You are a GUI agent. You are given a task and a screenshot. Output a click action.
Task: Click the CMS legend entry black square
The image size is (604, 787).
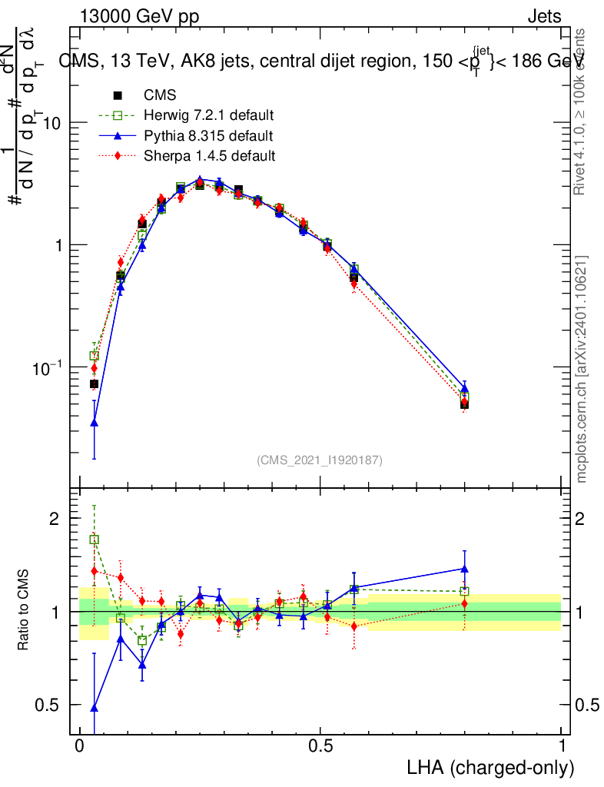pyautogui.click(x=118, y=96)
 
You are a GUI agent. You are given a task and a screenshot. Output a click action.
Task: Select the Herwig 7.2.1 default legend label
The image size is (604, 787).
pyautogui.click(x=209, y=116)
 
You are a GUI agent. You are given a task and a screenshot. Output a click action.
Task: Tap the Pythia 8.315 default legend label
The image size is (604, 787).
pyautogui.click(x=208, y=136)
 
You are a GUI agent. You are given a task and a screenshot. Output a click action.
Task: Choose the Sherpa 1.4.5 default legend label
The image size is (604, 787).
pyautogui.click(x=210, y=156)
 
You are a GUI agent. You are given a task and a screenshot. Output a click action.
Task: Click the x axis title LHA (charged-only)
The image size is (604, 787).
pyautogui.click(x=490, y=768)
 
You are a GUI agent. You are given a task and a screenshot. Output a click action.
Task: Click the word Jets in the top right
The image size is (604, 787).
pyautogui.click(x=544, y=17)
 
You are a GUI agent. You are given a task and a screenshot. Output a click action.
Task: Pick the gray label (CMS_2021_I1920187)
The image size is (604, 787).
pyautogui.click(x=320, y=460)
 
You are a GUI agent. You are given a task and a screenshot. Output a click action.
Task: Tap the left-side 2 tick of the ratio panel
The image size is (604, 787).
pyautogui.click(x=54, y=519)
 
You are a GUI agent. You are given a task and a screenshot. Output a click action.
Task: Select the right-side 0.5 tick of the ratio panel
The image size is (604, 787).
pyautogui.click(x=586, y=705)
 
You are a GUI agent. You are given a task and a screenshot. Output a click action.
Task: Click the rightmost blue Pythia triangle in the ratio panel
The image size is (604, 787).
pyautogui.click(x=464, y=569)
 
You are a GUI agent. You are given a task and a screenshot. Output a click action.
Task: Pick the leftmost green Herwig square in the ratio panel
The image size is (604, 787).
pyautogui.click(x=94, y=540)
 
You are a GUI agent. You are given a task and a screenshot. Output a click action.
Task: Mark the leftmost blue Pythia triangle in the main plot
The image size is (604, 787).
pyautogui.click(x=94, y=422)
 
